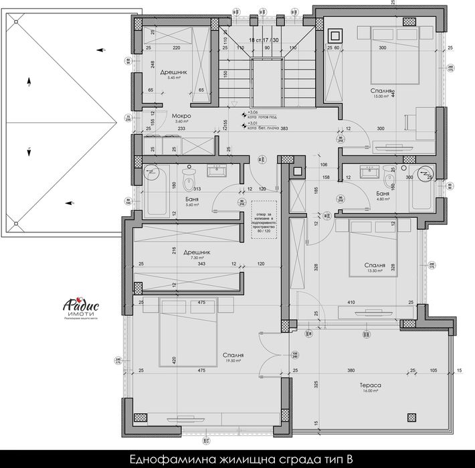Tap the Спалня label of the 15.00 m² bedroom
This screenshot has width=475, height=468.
(x=381, y=90)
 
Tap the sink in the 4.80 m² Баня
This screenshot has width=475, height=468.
(x=368, y=172)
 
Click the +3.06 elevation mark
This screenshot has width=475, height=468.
(x=253, y=112)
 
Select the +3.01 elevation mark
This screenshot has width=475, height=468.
(x=253, y=123)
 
